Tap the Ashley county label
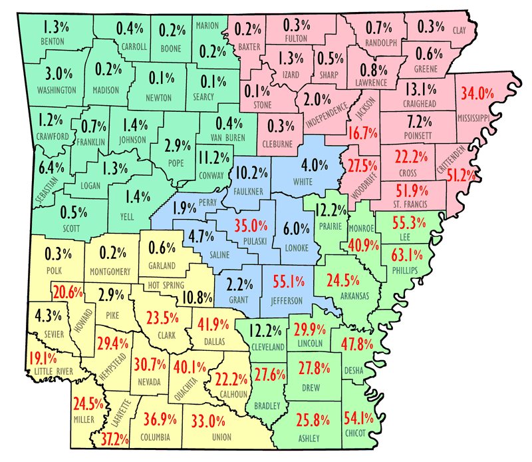pyautogui.click(x=309, y=438)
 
